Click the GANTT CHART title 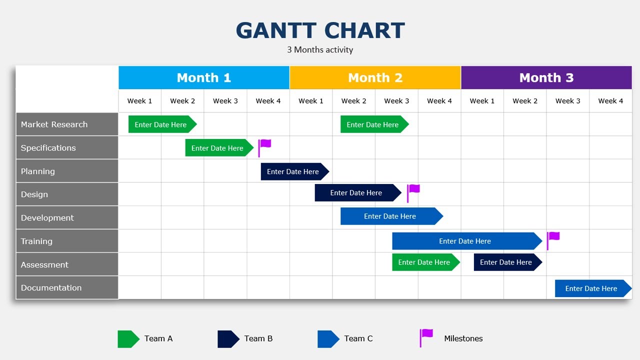tap(320, 30)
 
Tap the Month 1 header tap(204, 77)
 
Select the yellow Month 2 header tap(375, 77)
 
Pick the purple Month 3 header tap(546, 77)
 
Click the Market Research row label tap(67, 124)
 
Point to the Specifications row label tap(67, 148)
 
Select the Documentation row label tap(67, 288)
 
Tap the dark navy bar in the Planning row tap(294, 171)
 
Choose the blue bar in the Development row tap(390, 216)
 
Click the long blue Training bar tap(465, 241)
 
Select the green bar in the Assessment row tap(425, 262)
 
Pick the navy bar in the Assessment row tap(506, 262)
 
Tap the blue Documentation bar tap(592, 288)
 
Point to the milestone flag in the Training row tap(552, 239)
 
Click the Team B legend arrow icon tap(228, 339)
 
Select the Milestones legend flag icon tap(426, 337)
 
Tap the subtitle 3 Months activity tap(320, 50)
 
